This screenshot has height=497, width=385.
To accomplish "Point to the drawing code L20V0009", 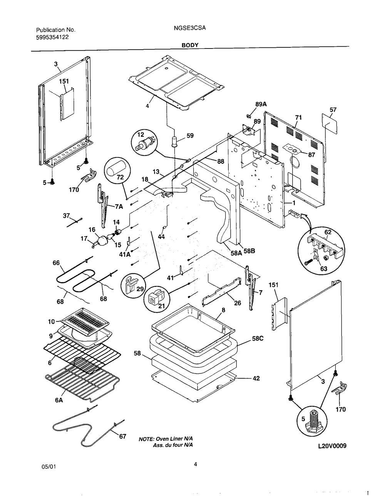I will (332, 446).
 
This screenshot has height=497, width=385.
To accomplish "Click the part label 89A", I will (261, 104).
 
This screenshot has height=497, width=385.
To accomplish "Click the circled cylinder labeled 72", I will (117, 170).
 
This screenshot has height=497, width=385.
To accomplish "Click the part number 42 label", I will (256, 378).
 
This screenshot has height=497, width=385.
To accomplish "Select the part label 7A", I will (119, 207).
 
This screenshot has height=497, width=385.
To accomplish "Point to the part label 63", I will (323, 269).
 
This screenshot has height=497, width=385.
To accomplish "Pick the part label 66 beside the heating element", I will (56, 263).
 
